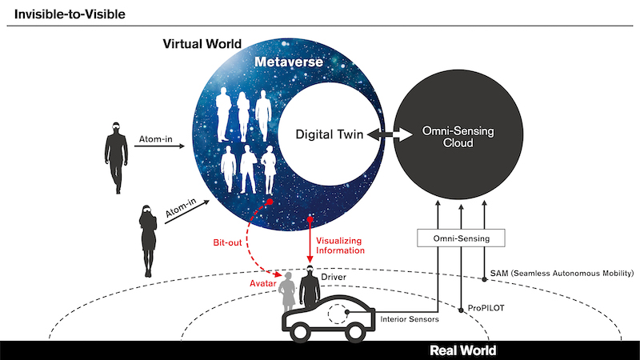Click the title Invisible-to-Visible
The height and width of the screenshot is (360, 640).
coord(70,14)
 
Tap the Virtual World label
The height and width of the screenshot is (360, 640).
coord(202,44)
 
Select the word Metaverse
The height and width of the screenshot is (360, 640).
coord(289,62)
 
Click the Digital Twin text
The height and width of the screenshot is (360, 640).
coord(330,134)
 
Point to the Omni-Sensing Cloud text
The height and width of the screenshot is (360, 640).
coord(458,137)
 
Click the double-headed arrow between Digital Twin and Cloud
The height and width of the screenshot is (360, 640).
coord(390,134)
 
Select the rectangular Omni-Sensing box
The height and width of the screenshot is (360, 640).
coord(461,238)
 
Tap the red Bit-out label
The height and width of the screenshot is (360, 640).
coord(227,242)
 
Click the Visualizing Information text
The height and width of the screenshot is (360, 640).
coord(340,246)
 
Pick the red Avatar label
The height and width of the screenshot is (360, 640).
coord(263,283)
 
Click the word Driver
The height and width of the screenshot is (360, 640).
coord(334,277)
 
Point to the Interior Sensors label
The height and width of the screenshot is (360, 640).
coord(410,319)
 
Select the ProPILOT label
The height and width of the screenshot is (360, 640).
coord(486,308)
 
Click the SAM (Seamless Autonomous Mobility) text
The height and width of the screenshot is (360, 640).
coord(562,273)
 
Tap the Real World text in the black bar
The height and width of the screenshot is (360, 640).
coord(463,350)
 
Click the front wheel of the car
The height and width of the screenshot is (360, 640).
coord(354,331)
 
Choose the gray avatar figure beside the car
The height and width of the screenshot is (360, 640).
coord(288,292)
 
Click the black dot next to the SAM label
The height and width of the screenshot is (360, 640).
coord(485,279)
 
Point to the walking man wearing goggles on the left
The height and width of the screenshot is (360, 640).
coord(116,158)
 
